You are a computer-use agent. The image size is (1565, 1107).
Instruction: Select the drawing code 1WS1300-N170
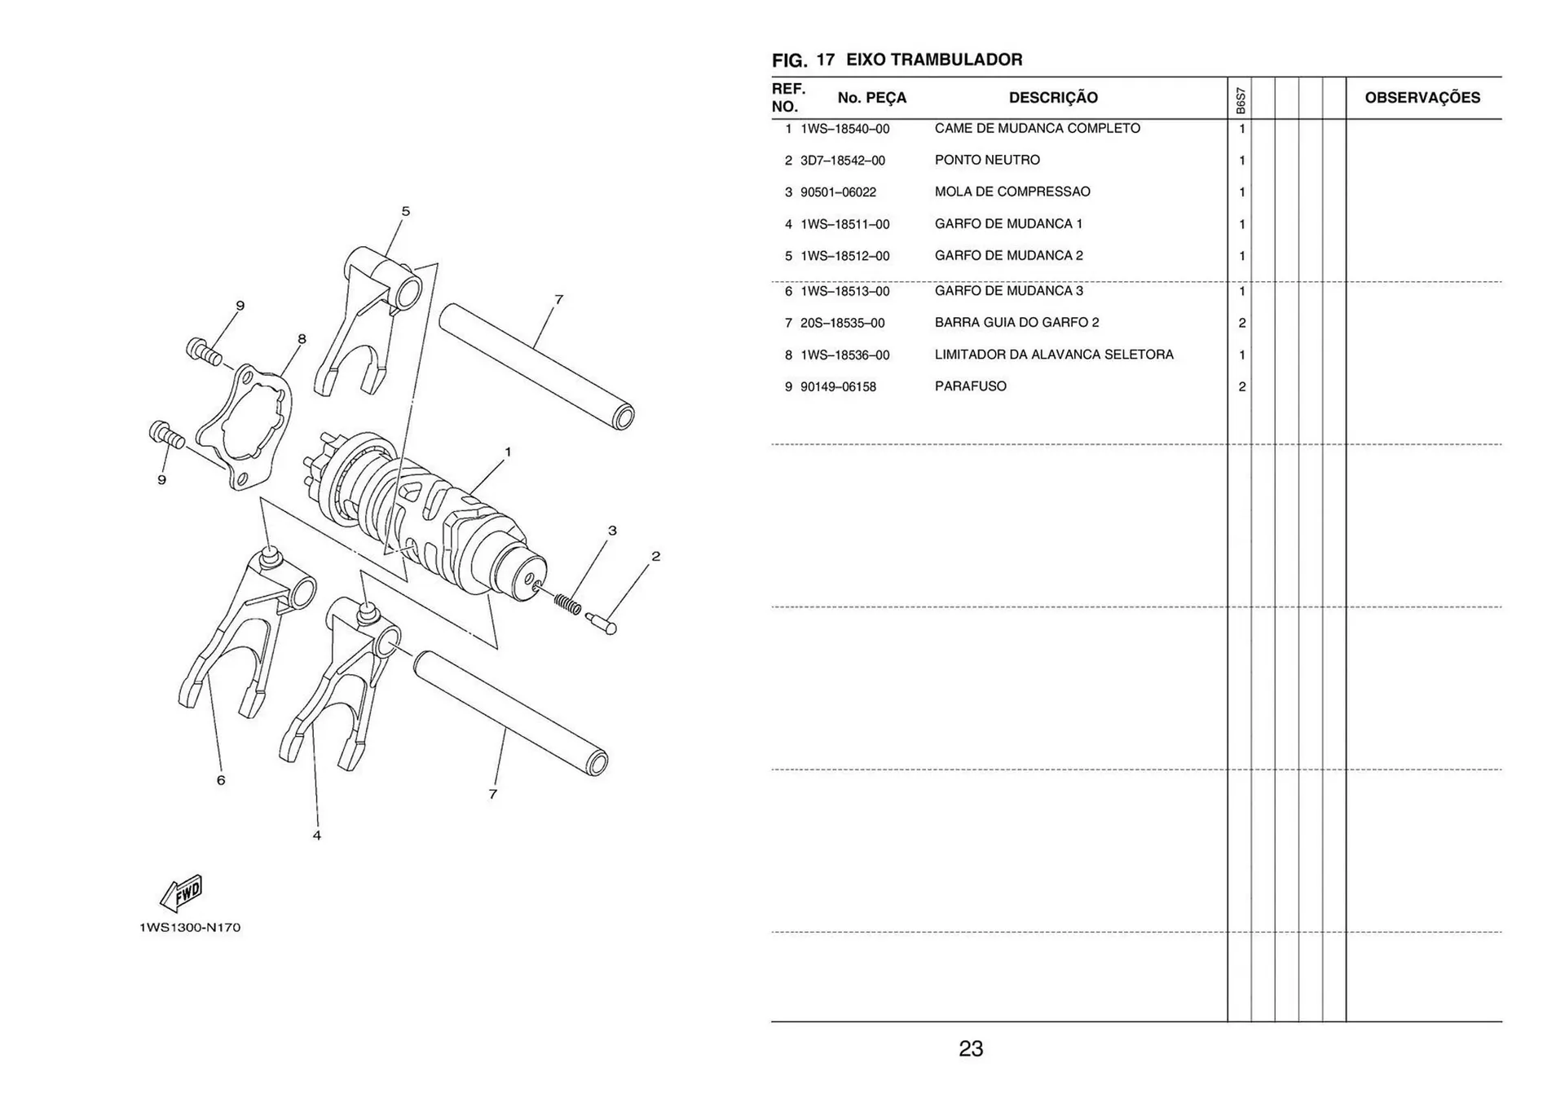pos(190,928)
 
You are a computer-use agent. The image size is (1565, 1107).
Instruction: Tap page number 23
pos(970,1048)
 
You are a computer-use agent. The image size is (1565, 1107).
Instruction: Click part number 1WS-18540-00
pos(844,129)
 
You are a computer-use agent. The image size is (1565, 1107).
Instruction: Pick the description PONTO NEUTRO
pos(986,160)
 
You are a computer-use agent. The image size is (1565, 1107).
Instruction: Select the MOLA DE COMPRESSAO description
pos(1012,192)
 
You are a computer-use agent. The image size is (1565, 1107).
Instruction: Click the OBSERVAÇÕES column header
pos(1422,98)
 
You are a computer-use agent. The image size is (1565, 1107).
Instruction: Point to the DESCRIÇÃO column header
pos(1052,98)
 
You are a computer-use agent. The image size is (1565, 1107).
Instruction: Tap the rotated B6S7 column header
pos(1240,101)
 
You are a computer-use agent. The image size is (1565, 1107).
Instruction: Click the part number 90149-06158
pos(838,387)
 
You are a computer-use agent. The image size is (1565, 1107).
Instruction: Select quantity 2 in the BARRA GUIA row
pos(1241,323)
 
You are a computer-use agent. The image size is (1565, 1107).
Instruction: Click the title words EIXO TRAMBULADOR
pos(933,60)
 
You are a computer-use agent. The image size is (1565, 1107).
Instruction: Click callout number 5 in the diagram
pos(405,212)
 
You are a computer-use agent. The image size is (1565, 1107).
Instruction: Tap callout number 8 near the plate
pos(302,339)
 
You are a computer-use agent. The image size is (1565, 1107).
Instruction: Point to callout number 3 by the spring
pos(612,531)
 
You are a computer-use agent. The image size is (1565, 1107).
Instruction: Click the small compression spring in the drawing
pos(567,604)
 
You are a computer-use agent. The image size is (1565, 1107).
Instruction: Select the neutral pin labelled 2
pos(601,624)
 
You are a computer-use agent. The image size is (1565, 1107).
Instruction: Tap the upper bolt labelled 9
pos(204,351)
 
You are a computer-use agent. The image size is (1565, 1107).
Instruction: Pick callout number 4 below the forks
pos(316,836)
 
